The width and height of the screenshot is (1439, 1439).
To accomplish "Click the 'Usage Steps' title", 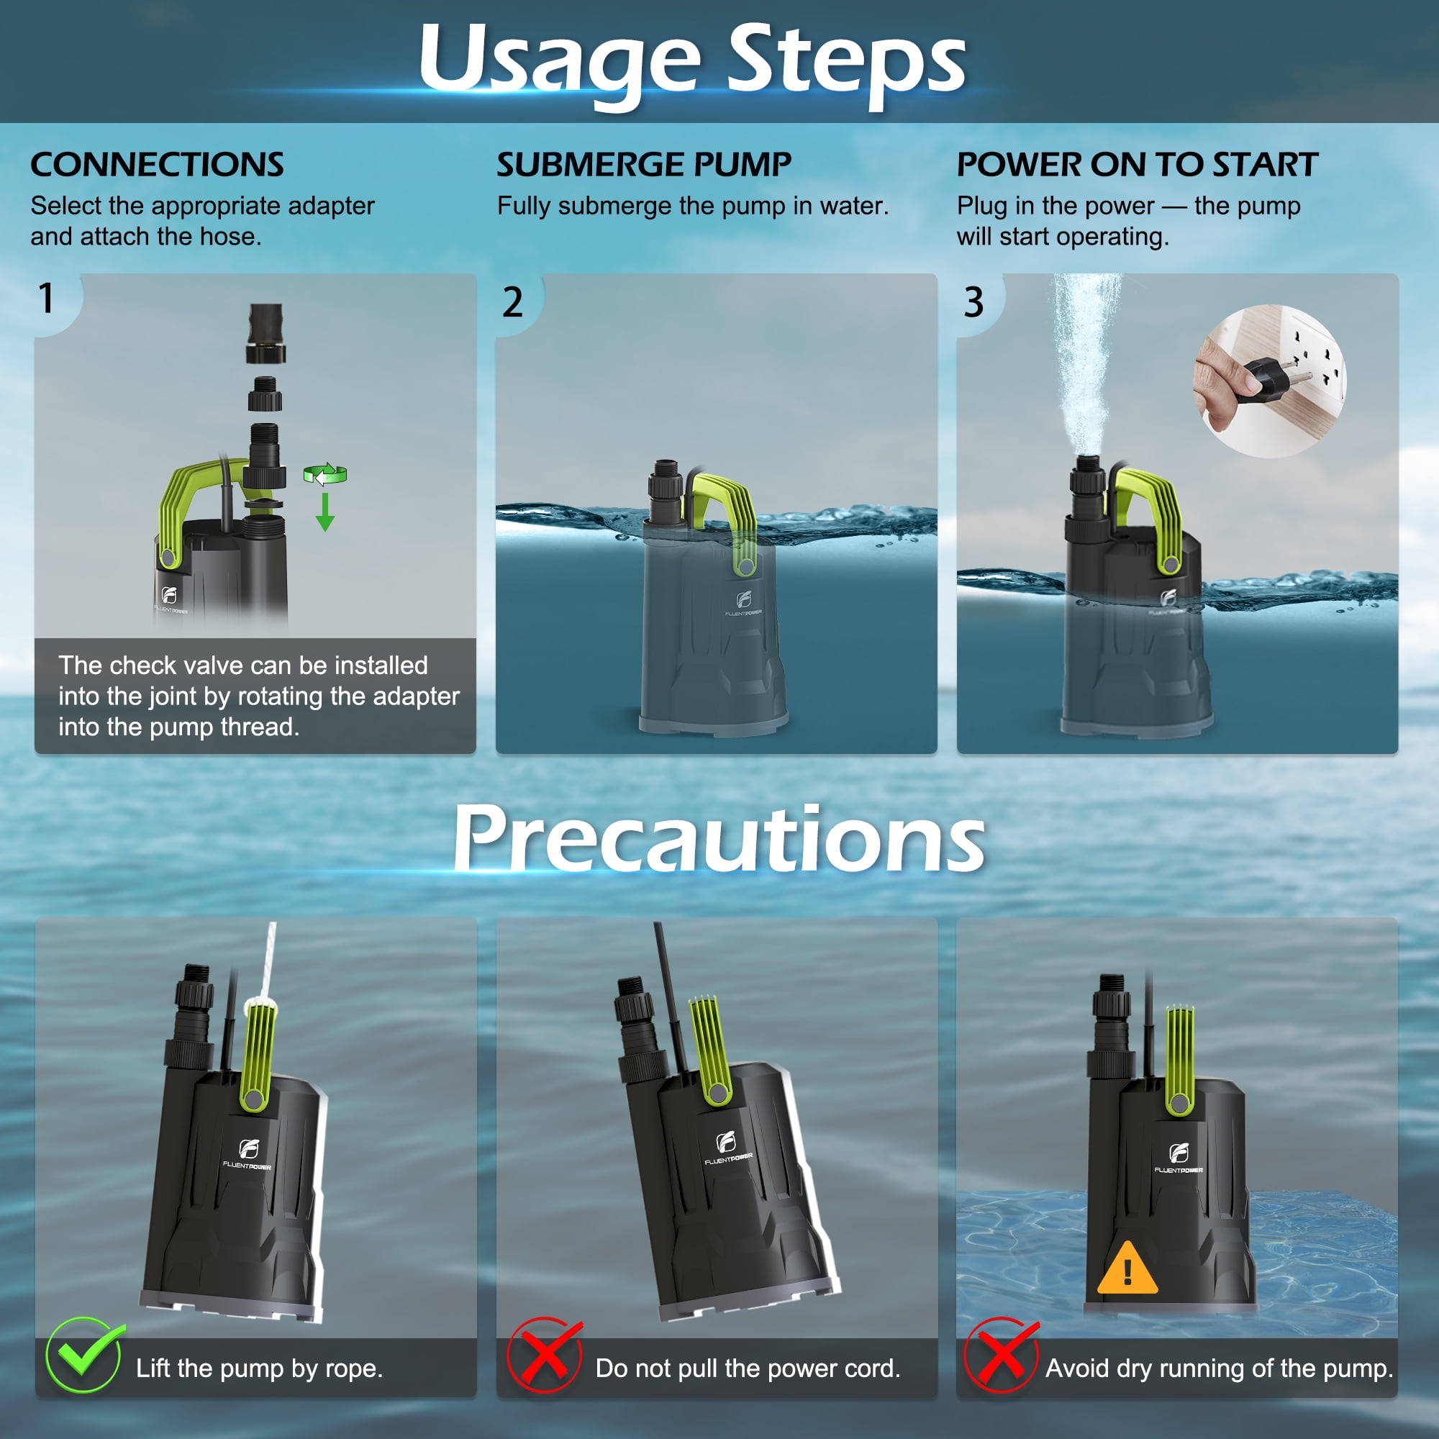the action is tap(692, 63).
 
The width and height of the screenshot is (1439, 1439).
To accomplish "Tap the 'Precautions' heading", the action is tap(719, 840).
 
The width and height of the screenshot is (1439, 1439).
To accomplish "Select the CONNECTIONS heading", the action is tap(157, 165).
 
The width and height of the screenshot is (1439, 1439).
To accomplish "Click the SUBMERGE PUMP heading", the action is tap(644, 165).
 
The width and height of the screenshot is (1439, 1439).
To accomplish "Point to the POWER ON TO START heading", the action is tap(1138, 165).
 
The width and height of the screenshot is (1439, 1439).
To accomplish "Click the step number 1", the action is tap(46, 298).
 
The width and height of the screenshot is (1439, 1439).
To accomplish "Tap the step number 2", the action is tap(512, 302).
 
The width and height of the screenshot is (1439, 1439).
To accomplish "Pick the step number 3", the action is tap(973, 302).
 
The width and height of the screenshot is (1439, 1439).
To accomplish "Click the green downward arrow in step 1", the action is tap(324, 512).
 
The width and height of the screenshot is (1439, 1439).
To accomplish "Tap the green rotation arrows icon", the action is tap(325, 474).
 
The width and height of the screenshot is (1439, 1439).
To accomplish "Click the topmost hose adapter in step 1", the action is tap(266, 333).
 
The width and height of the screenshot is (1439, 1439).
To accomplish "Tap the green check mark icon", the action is tap(84, 1355).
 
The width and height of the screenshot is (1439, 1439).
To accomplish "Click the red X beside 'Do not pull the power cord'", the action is tap(545, 1355).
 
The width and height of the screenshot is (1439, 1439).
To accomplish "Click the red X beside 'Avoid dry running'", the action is tap(1001, 1355).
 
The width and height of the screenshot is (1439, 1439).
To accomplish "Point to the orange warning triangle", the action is tap(1127, 1268).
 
